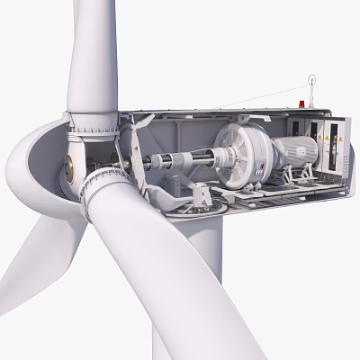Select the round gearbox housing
click(242, 152)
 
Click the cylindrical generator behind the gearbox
click(292, 153)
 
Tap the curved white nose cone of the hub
click(31, 162)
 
